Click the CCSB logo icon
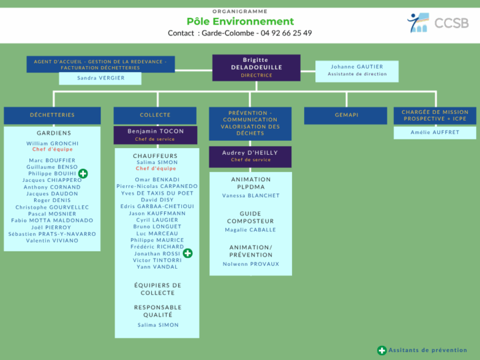tap(418, 23)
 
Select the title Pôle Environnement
tap(240, 21)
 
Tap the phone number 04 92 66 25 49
tap(286, 33)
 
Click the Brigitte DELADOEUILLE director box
tap(256, 67)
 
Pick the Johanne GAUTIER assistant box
tap(357, 71)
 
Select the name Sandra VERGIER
tap(101, 78)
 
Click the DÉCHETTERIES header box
tap(52, 115)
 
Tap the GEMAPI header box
tap(345, 115)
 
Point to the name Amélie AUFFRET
tap(435, 132)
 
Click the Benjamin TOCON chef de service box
tap(155, 135)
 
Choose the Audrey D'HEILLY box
tap(250, 157)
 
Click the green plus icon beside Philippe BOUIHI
tap(83, 173)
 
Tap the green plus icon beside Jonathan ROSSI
tap(187, 253)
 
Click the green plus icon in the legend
tap(382, 351)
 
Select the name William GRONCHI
tap(53, 143)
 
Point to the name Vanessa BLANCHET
tap(251, 195)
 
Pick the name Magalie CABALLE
tap(251, 230)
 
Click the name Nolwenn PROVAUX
tap(251, 264)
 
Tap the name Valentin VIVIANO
tap(52, 241)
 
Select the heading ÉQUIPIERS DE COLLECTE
tap(157, 289)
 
